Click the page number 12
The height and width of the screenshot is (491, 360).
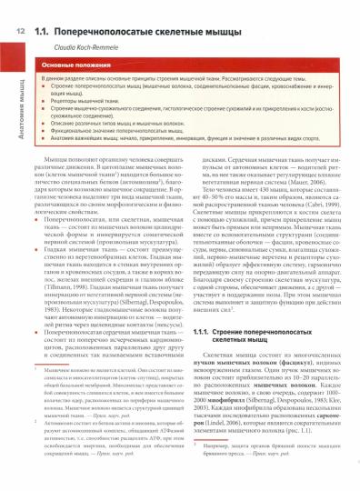point(18,33)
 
